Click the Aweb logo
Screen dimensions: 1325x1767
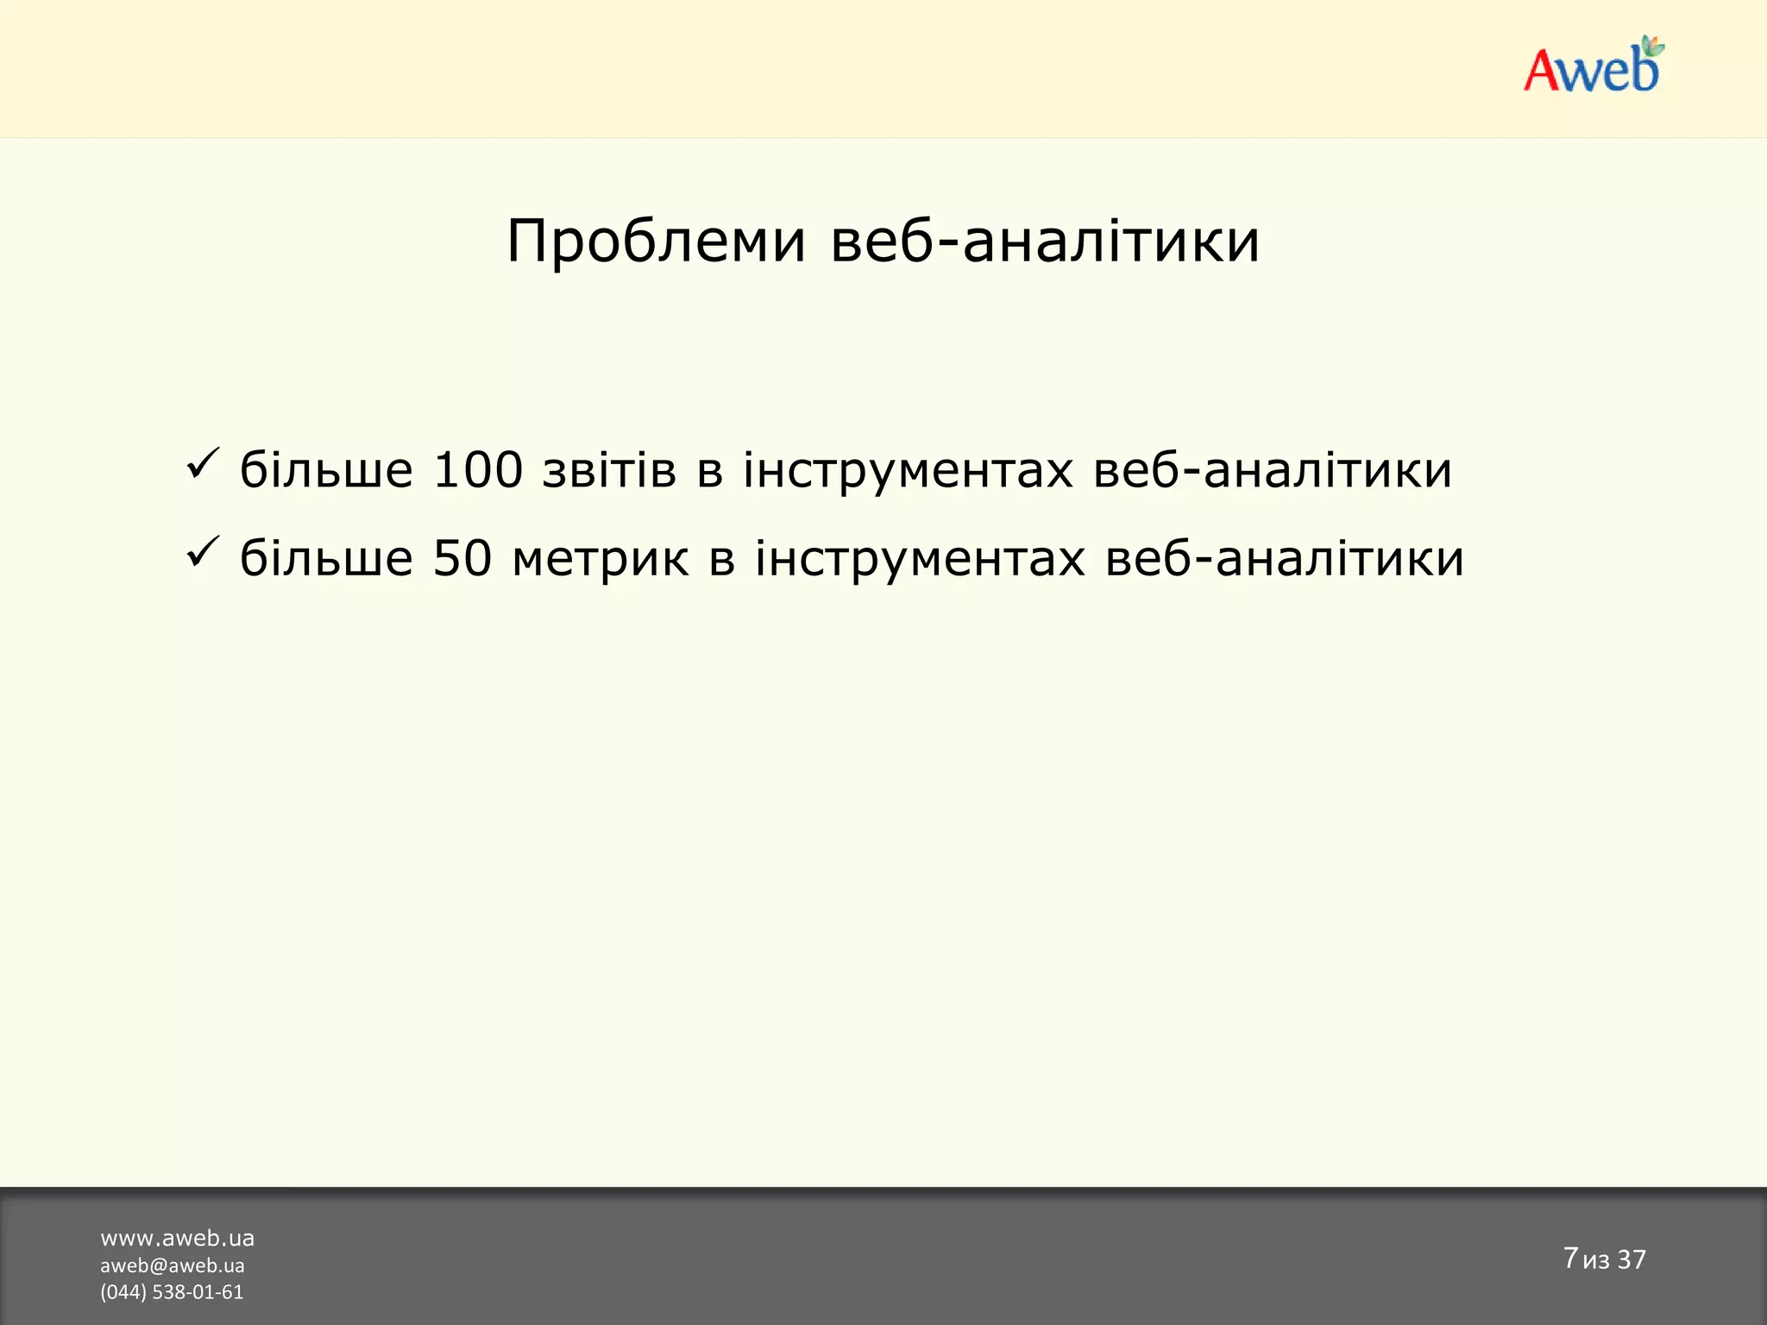(1593, 66)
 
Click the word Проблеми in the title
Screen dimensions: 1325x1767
(656, 241)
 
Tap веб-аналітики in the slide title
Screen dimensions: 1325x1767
(1045, 241)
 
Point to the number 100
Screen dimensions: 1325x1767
(477, 470)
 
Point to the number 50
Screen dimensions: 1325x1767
(462, 558)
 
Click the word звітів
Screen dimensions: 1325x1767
(608, 470)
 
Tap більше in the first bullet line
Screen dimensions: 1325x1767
(326, 470)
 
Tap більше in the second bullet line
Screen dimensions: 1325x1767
(326, 558)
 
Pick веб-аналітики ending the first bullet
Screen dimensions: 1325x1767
(1273, 470)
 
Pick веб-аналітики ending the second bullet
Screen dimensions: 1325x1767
(1285, 558)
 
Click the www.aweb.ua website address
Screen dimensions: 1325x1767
(177, 1239)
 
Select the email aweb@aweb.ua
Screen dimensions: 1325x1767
(172, 1265)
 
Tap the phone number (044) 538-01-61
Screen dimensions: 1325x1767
(172, 1292)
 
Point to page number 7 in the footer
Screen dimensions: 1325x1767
(1569, 1258)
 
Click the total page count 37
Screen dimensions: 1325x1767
(1632, 1259)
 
